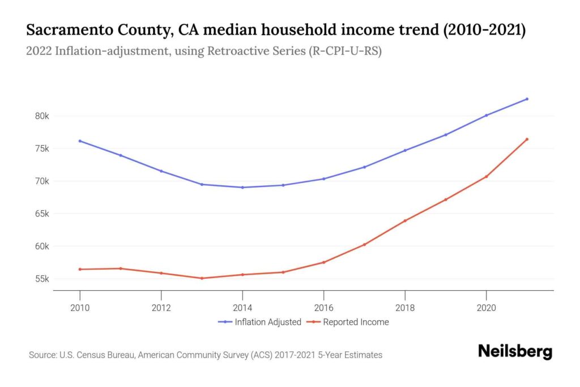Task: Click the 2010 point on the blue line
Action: tap(80, 141)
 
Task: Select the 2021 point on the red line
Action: tap(527, 139)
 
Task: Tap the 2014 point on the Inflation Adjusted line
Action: tap(242, 188)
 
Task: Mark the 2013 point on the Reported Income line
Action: tap(202, 278)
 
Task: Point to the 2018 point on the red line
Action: tap(405, 220)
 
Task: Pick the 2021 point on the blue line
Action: tap(527, 99)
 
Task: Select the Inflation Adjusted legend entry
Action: tap(259, 322)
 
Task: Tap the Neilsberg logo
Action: tap(514, 351)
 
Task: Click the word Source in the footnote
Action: tap(43, 355)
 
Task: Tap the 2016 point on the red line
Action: tap(323, 262)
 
